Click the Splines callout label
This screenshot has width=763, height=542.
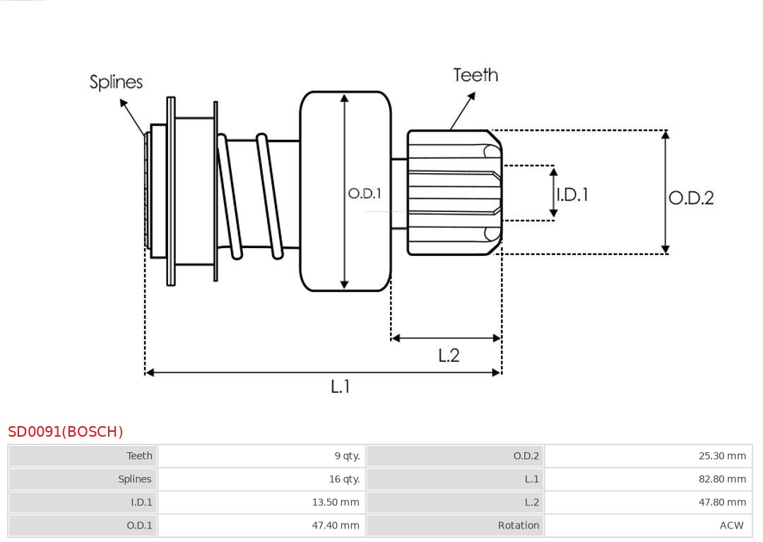pos(116,82)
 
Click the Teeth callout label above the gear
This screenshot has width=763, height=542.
pos(475,75)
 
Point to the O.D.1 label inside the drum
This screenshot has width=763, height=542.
pos(365,193)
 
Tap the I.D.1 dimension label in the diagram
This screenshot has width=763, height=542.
pos(572,194)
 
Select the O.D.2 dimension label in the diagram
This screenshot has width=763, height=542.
pos(691,198)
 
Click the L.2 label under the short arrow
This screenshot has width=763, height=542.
pos(449,355)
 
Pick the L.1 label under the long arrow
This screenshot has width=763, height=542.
pos(341,387)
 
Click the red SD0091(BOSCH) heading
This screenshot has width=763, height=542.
pos(66,432)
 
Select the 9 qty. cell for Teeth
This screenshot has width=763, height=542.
pos(347,456)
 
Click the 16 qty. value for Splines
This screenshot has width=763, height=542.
pos(344,479)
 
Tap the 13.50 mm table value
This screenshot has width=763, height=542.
pos(336,502)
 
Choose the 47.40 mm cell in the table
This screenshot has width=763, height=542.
pos(336,526)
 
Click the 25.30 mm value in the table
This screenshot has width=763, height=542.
pos(722,456)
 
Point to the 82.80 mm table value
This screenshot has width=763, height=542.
pos(722,479)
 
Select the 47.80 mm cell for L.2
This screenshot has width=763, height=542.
pos(722,502)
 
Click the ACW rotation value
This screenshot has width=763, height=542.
pos(731,526)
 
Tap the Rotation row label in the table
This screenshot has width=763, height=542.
pos(518,526)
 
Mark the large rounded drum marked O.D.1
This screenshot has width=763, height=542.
pos(345,240)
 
